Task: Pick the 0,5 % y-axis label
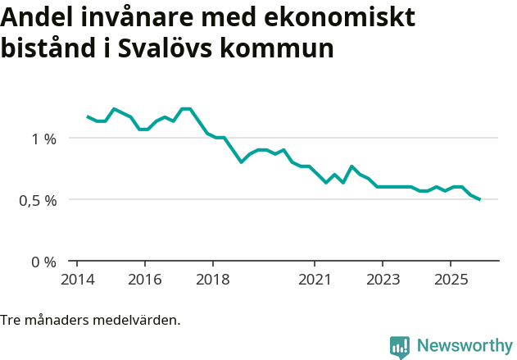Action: click(x=38, y=200)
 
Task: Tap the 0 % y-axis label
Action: click(x=44, y=262)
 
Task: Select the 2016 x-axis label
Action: click(x=144, y=279)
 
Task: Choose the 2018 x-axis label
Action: click(x=212, y=279)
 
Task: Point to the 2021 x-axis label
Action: click(x=315, y=279)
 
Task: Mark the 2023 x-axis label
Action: click(x=383, y=279)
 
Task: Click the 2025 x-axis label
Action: click(x=451, y=279)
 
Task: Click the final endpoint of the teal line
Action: click(x=479, y=199)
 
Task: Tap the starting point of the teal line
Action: click(x=88, y=116)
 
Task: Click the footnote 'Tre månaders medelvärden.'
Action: click(x=90, y=320)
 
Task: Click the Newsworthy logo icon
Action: click(x=400, y=347)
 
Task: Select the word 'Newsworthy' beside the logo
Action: click(x=464, y=346)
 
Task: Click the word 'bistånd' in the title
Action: click(x=48, y=48)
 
